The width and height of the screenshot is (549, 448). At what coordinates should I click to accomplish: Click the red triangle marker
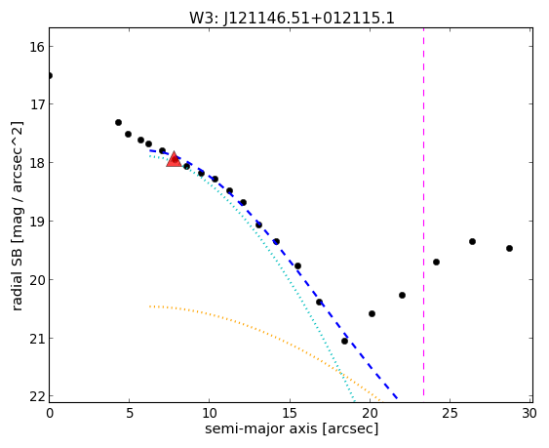[x=174, y=159]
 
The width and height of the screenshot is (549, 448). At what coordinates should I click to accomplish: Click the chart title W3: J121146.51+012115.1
[x=292, y=18]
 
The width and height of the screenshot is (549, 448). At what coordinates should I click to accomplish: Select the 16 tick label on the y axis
[x=36, y=47]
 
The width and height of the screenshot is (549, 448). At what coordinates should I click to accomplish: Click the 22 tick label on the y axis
[x=36, y=397]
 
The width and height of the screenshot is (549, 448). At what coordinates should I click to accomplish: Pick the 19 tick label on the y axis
[x=36, y=222]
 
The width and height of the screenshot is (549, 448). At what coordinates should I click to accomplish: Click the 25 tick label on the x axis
[x=450, y=414]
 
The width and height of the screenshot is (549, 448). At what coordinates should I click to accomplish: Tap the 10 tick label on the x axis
[x=209, y=414]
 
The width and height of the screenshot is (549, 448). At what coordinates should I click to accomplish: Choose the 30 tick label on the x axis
[x=529, y=414]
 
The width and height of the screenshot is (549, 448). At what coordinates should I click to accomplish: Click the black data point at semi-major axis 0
[x=50, y=76]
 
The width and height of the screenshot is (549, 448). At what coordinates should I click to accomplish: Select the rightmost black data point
[x=509, y=248]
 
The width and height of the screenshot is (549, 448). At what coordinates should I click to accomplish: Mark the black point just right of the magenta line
[x=436, y=262]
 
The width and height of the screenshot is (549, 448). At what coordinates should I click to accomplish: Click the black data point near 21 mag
[x=344, y=341]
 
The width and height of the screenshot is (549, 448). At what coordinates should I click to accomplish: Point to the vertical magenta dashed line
[x=423, y=215]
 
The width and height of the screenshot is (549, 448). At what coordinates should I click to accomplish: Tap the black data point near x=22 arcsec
[x=403, y=295]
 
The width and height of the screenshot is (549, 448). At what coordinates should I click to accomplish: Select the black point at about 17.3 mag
[x=118, y=122]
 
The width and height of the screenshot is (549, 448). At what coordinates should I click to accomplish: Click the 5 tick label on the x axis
[x=130, y=414]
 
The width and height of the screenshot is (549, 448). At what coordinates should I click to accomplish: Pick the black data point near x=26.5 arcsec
[x=472, y=241]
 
